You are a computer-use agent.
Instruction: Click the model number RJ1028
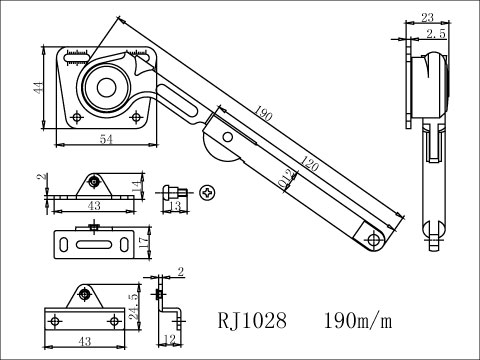coord(252,321)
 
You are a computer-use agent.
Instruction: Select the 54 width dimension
coord(104,141)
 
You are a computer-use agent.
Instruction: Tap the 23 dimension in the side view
coord(426,17)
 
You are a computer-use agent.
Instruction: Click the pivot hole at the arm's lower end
coord(375,240)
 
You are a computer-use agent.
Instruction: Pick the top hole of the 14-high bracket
coord(93,182)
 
